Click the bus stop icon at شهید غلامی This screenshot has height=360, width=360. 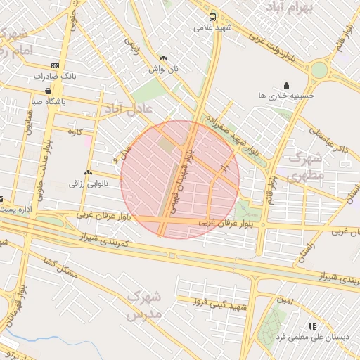(x=213, y=17)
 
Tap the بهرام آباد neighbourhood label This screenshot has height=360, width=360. (x=290, y=7)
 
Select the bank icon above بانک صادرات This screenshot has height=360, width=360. (x=55, y=65)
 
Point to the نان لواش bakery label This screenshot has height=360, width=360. (x=163, y=70)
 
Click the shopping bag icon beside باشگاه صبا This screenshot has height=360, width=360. (x=48, y=90)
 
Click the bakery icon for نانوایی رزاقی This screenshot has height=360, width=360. (x=89, y=173)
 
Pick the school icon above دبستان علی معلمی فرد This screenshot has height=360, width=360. (x=312, y=326)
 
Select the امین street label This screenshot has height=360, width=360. (x=285, y=300)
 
